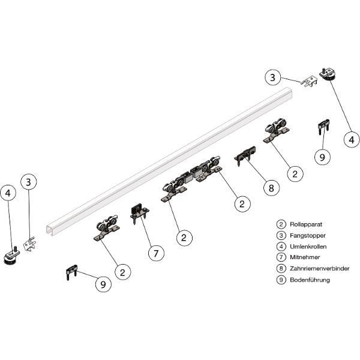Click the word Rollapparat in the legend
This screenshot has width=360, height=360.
[306, 224]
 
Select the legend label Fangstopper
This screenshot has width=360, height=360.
[308, 235]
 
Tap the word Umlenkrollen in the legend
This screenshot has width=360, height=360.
[308, 247]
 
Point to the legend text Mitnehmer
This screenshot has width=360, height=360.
[305, 257]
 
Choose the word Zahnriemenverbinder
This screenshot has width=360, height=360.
[320, 268]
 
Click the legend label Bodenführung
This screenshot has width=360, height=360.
[310, 280]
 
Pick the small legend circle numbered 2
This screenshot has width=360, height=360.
[281, 224]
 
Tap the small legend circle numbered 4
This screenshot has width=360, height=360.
[281, 247]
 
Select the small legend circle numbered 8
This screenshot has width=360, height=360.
[281, 268]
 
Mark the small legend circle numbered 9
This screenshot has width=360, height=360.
[281, 280]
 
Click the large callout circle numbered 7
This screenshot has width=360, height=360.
[156, 253]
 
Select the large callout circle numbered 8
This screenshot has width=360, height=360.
[271, 188]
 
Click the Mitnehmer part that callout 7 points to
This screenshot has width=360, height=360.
[139, 212]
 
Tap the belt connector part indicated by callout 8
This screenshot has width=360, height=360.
[245, 155]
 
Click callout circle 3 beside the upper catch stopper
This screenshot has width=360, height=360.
[272, 77]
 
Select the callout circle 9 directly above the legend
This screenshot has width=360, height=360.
[322, 157]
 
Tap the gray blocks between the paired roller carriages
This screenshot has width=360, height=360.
[193, 175]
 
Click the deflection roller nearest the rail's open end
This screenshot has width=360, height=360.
[11, 256]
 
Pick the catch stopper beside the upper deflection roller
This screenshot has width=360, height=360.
[309, 82]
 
